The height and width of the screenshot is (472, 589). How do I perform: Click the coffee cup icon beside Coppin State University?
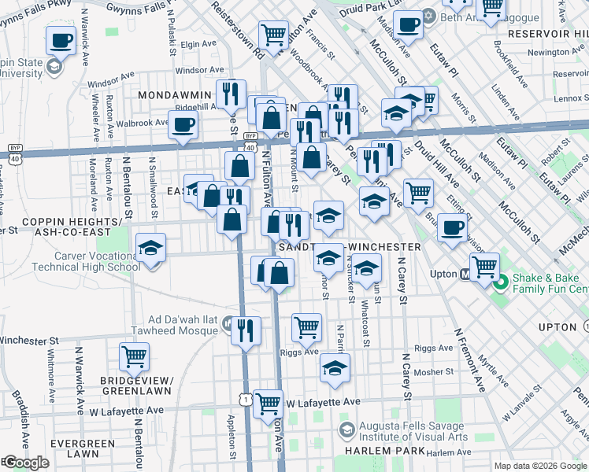(x=60, y=40)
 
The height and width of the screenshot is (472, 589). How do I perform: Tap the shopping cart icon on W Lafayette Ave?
(x=269, y=404)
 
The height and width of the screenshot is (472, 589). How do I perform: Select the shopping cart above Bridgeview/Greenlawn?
(x=134, y=357)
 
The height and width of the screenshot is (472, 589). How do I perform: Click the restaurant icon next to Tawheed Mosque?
(x=246, y=330)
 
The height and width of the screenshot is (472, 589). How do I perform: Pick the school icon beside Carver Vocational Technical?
(x=150, y=249)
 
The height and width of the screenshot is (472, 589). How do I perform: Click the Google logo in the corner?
(x=25, y=463)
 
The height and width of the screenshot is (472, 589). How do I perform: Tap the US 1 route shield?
(x=248, y=401)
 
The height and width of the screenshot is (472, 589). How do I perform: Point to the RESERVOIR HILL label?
(x=547, y=34)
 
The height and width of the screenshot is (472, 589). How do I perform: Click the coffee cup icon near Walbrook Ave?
(x=183, y=124)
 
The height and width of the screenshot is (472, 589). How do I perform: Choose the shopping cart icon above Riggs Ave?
(x=306, y=326)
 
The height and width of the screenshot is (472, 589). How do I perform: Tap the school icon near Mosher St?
(x=335, y=367)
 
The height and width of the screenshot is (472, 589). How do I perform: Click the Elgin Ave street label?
(x=198, y=45)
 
